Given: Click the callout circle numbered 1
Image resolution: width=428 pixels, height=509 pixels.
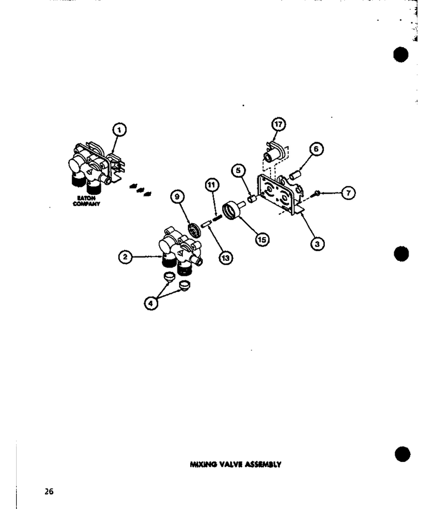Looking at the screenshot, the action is pyautogui.click(x=119, y=130).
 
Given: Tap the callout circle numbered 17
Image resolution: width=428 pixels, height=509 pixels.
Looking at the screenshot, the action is pyautogui.click(x=278, y=124).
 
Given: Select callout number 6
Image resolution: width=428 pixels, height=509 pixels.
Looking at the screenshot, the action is pyautogui.click(x=316, y=149).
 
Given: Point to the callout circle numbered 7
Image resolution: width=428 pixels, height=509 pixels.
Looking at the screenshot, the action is pyautogui.click(x=348, y=193).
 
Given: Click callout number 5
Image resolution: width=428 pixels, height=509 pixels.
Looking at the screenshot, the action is pyautogui.click(x=238, y=170).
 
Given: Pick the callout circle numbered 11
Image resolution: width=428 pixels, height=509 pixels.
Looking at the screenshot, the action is pyautogui.click(x=212, y=185).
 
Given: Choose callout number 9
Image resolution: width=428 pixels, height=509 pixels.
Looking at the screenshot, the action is pyautogui.click(x=177, y=196).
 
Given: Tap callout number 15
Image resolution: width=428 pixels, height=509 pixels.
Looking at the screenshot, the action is pyautogui.click(x=262, y=240).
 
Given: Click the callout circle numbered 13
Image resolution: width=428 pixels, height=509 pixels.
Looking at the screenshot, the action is pyautogui.click(x=226, y=258).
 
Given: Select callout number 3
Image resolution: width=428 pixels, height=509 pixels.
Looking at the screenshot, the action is pyautogui.click(x=317, y=244).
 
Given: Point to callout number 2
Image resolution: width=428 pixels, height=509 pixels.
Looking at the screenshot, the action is pyautogui.click(x=125, y=257).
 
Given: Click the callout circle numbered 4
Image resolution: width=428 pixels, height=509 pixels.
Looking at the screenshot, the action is pyautogui.click(x=151, y=303).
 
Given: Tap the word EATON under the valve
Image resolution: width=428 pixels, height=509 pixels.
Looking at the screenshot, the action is pyautogui.click(x=86, y=198).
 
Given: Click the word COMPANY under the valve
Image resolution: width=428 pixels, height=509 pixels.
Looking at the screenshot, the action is pyautogui.click(x=86, y=204).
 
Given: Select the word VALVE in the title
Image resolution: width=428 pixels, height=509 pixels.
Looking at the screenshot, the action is pyautogui.click(x=231, y=464).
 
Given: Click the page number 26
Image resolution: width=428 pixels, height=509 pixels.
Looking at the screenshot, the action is pyautogui.click(x=49, y=491).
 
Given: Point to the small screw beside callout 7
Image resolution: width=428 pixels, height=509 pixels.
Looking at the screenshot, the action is pyautogui.click(x=316, y=194).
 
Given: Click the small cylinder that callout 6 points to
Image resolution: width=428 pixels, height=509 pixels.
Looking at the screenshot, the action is pyautogui.click(x=295, y=175).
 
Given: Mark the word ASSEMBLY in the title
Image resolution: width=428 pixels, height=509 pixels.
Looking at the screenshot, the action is pyautogui.click(x=263, y=464).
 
